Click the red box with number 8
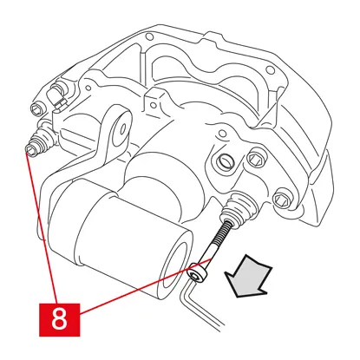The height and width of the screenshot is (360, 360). point(59,320)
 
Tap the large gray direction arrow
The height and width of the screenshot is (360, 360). point(247,277)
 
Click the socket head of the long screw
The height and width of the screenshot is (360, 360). point(198,272)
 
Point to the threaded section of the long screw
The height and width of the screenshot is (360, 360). point(222,232)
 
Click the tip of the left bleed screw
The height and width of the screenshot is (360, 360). point(30,151)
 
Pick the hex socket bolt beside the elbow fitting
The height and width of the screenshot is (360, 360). point(38,109)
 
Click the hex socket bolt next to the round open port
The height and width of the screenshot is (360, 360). point(256,158)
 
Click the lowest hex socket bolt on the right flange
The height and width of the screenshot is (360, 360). point(282,199)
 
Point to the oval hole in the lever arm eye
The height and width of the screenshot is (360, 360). point(123,129)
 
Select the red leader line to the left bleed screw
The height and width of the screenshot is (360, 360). point(43,226)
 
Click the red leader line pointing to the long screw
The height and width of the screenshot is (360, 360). point(146,286)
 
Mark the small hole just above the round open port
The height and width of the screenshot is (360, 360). point(222,134)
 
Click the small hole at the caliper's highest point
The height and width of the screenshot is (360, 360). point(149,36)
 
